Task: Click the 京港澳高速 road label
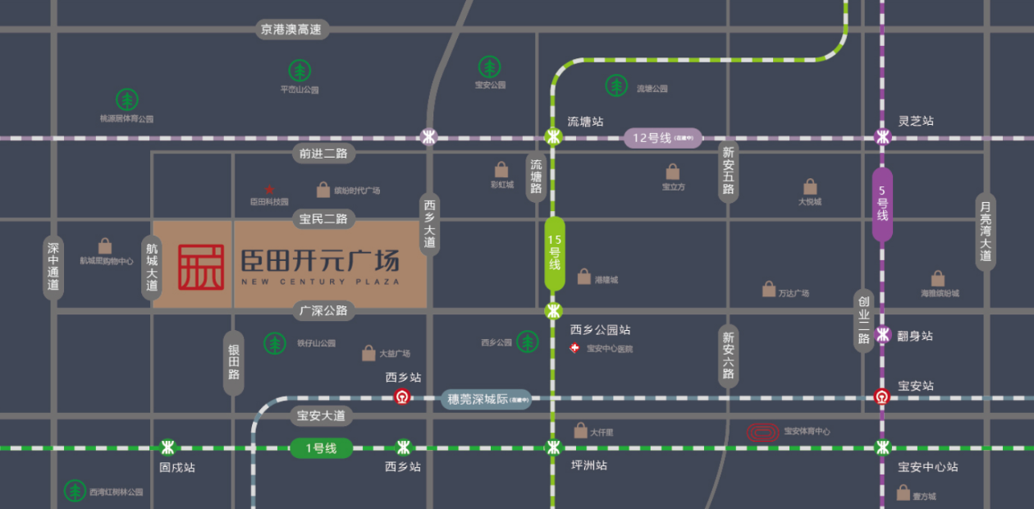coord(292,30)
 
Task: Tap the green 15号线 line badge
coord(555,254)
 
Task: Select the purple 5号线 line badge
coord(882,204)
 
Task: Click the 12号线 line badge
coord(662,138)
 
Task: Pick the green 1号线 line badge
coord(321,448)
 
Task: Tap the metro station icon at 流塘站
coord(554,137)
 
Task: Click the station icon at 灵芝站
coord(883,137)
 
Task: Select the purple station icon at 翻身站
coord(883,335)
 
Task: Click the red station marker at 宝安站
coord(883,397)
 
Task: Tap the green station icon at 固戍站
coord(168,447)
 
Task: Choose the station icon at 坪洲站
coord(554,447)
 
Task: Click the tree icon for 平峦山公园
coord(300,71)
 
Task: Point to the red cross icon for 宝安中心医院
coord(576,348)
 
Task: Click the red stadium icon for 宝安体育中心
coord(763,431)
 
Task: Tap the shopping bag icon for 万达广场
coord(769,289)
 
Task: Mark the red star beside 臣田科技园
coord(269,189)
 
